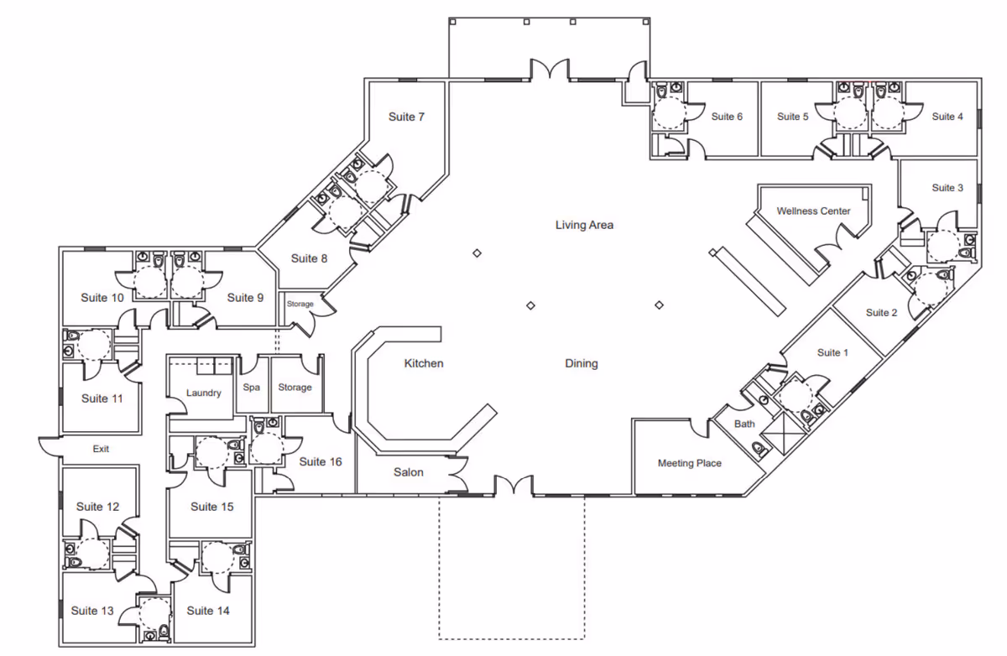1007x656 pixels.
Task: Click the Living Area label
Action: pyautogui.click(x=584, y=225)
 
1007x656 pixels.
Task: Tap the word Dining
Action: pyautogui.click(x=582, y=363)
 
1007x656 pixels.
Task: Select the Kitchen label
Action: pyautogui.click(x=424, y=363)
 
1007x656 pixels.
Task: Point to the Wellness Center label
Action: pyautogui.click(x=813, y=211)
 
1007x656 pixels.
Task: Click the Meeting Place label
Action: pyautogui.click(x=690, y=463)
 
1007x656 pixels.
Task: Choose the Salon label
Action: pyautogui.click(x=408, y=472)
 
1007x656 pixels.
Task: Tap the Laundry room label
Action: pyautogui.click(x=204, y=393)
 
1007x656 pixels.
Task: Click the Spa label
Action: pyautogui.click(x=251, y=388)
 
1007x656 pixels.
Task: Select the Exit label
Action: pyautogui.click(x=101, y=449)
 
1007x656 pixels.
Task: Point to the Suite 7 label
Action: pyautogui.click(x=406, y=117)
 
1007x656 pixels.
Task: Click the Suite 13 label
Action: pyautogui.click(x=92, y=611)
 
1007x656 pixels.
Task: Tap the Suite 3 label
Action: pyautogui.click(x=947, y=188)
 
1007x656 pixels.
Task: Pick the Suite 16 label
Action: pyautogui.click(x=321, y=462)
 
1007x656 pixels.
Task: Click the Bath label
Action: pyautogui.click(x=744, y=424)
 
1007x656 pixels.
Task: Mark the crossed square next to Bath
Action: pyautogui.click(x=783, y=434)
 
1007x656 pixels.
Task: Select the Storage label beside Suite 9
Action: pyautogui.click(x=300, y=305)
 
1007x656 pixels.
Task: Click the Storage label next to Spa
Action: pyautogui.click(x=295, y=388)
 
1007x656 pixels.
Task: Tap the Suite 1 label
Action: pyautogui.click(x=832, y=352)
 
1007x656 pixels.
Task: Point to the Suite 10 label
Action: pyautogui.click(x=102, y=298)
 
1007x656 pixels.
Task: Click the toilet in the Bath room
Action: pyautogui.click(x=759, y=449)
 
